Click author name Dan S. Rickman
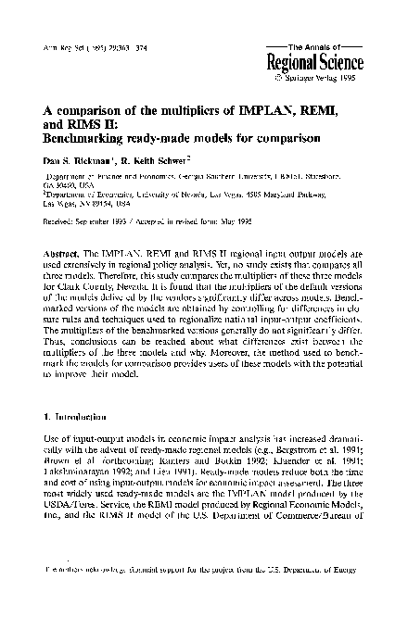point(79,164)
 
